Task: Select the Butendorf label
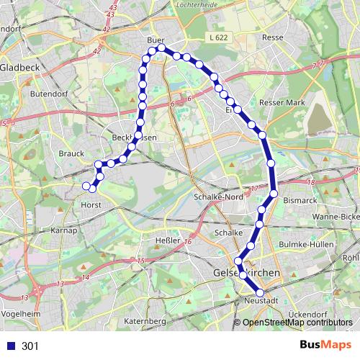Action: (x=48, y=94)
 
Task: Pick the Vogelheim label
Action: (x=20, y=314)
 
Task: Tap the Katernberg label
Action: (x=145, y=320)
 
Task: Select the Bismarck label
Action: (x=300, y=199)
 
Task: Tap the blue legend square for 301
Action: (x=10, y=346)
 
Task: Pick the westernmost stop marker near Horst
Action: (x=86, y=186)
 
